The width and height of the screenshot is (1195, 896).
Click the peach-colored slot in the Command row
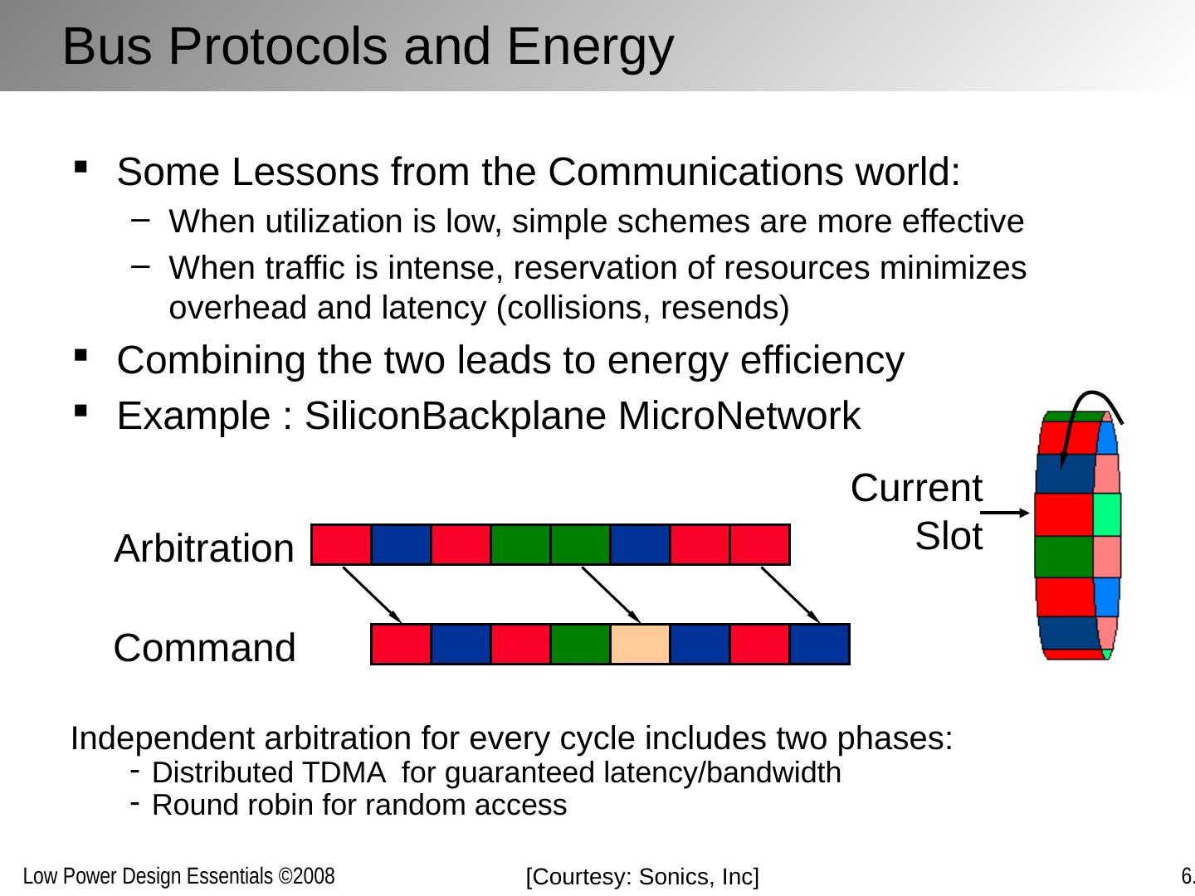coord(640,645)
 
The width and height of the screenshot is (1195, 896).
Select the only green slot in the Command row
coord(580,645)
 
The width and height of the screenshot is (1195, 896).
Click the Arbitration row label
coord(204,549)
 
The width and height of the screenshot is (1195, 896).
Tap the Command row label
coord(204,648)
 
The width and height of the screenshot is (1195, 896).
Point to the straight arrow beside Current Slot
coord(1010,513)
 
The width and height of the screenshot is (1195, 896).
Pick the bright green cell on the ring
coord(1107,514)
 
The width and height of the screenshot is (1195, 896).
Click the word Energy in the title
coord(590,46)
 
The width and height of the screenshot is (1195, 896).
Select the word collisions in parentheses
coord(576,308)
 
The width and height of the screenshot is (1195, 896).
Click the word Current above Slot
coord(916,488)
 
